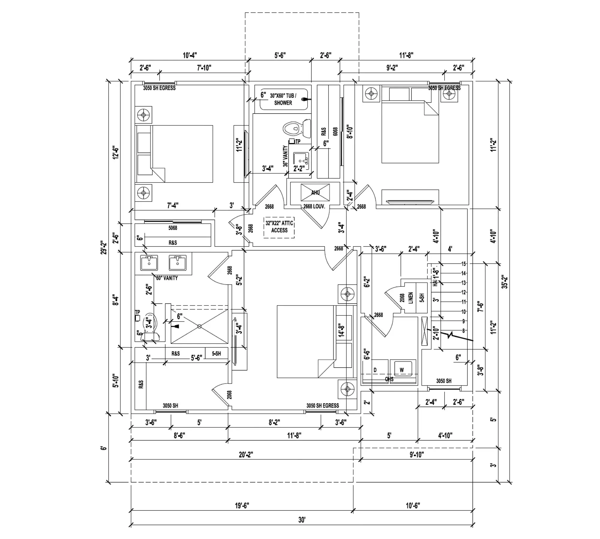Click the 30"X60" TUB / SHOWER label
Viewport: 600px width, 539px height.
pos(283,99)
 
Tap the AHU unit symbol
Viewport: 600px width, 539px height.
pos(315,192)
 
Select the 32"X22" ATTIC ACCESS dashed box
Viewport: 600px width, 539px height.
pos(279,227)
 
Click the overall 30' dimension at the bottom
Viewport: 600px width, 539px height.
pos(302,519)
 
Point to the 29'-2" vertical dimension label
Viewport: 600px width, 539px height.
pos(103,247)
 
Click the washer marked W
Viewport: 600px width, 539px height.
pos(402,370)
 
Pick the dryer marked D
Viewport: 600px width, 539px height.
pos(375,370)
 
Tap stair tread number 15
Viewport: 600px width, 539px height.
pos(463,264)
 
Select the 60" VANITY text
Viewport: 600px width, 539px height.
pos(167,278)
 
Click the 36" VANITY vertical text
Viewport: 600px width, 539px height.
pos(285,156)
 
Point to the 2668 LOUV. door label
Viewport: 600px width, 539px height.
pos(314,207)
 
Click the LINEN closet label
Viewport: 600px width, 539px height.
pos(411,298)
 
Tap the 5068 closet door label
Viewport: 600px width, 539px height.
pos(172,228)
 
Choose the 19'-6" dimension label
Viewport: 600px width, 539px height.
pos(242,506)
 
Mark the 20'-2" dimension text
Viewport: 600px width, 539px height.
pos(246,455)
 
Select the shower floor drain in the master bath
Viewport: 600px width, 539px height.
pos(199,326)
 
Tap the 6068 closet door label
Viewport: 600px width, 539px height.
pos(335,131)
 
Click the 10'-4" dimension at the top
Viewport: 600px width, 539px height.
pos(190,56)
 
